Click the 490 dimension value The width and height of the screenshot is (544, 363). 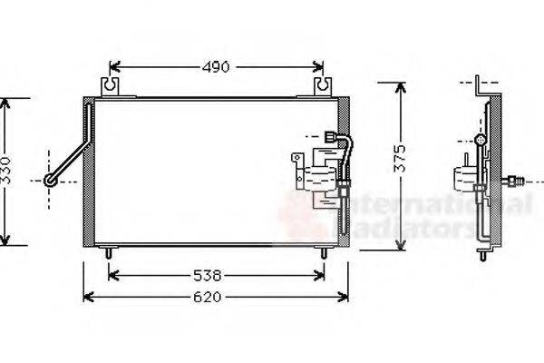[216, 66]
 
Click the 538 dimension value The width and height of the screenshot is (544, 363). [216, 274]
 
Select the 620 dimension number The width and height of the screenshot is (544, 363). [216, 297]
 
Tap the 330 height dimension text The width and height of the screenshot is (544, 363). [6, 170]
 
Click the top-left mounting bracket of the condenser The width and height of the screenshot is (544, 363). [112, 87]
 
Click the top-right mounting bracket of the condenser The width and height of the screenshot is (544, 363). [322, 87]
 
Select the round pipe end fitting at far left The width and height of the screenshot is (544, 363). [51, 181]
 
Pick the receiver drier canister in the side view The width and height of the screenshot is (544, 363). [463, 176]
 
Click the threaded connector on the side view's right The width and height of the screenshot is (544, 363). [515, 181]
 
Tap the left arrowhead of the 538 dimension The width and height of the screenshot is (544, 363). [113, 274]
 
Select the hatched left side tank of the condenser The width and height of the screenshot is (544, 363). [88, 172]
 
